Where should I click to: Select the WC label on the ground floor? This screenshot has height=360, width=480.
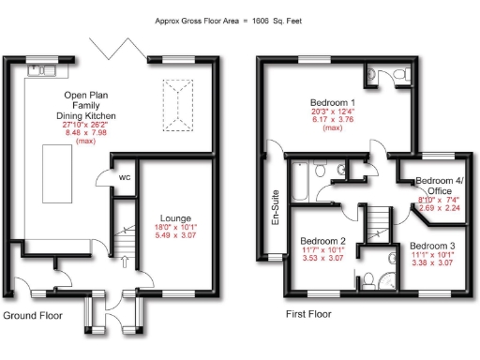[x=123, y=180]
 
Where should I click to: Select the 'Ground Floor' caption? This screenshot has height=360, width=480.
[x=32, y=315]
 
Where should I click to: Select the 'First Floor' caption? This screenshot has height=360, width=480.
[x=307, y=315]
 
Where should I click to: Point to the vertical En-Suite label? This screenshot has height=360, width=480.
[x=276, y=210]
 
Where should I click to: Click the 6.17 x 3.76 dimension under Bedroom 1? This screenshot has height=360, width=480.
[x=333, y=120]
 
